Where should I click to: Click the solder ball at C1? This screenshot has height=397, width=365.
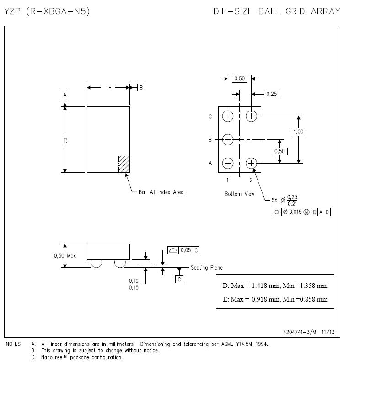(228, 116)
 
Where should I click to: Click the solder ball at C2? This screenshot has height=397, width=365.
(251, 116)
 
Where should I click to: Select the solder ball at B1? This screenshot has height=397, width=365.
(228, 139)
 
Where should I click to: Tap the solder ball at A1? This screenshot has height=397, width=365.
(228, 163)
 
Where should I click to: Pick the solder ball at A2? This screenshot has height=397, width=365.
(251, 163)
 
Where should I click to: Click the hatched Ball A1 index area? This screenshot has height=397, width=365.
(124, 164)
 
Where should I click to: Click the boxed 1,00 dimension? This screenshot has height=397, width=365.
(298, 132)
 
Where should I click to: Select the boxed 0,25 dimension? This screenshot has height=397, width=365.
(272, 94)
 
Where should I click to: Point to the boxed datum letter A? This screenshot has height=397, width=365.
(65, 95)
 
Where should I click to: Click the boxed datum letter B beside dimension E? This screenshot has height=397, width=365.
(141, 87)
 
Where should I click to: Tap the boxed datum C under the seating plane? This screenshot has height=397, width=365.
(179, 279)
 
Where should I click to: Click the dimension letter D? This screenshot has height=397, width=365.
(65, 141)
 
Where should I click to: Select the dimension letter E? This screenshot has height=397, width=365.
(110, 88)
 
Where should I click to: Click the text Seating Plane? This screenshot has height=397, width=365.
(207, 268)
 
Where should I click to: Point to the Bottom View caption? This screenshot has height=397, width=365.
(239, 194)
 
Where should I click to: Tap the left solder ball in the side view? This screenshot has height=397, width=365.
(97, 264)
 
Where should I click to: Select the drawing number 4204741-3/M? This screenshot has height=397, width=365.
(300, 333)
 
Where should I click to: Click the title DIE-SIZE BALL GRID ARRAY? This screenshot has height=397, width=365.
(277, 11)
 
